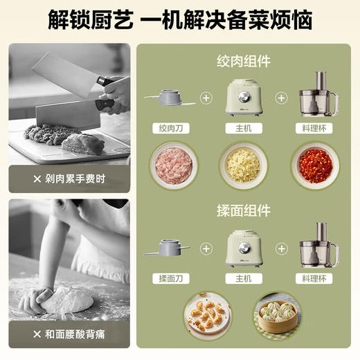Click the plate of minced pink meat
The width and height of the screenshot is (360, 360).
[x=170, y=165]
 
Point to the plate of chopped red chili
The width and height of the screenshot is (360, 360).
[x=315, y=165]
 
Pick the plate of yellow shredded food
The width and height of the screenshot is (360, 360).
[x=242, y=165]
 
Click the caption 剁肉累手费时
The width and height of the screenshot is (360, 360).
[x=69, y=179]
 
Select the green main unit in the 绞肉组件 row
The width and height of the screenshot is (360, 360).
[x=242, y=98]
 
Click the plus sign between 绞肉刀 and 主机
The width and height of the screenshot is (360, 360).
[x=205, y=98]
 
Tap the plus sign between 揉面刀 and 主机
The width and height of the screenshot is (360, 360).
[x=205, y=247]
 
